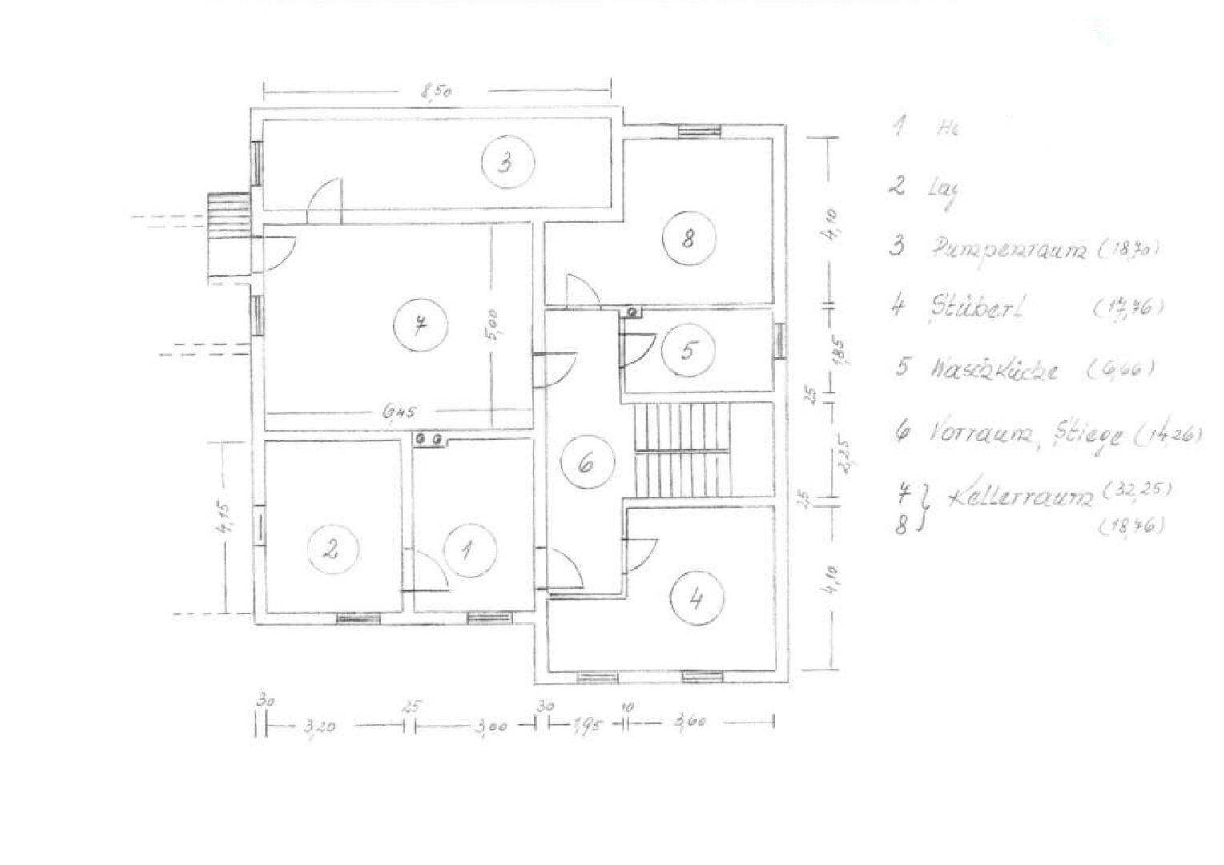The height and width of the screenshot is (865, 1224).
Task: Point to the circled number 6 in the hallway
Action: (586, 464)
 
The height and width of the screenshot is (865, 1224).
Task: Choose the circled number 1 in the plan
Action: (470, 551)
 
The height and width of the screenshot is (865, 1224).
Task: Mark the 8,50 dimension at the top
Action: (437, 91)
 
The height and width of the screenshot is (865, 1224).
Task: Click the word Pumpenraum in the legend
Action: (1008, 249)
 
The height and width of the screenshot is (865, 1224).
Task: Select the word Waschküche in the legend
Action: (993, 370)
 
